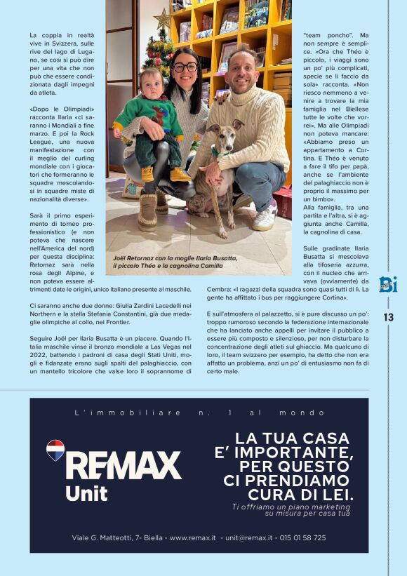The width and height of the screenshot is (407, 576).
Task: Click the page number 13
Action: pyautogui.click(x=388, y=317)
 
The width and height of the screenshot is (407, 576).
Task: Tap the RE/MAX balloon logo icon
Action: pyautogui.click(x=55, y=450)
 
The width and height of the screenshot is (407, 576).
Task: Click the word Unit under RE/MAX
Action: pyautogui.click(x=86, y=493)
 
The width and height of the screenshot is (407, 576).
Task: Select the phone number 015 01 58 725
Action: pyautogui.click(x=302, y=537)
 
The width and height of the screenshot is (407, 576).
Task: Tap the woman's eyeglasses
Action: pyautogui.click(x=185, y=67)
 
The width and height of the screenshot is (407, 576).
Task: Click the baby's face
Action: pyautogui.click(x=151, y=78)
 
